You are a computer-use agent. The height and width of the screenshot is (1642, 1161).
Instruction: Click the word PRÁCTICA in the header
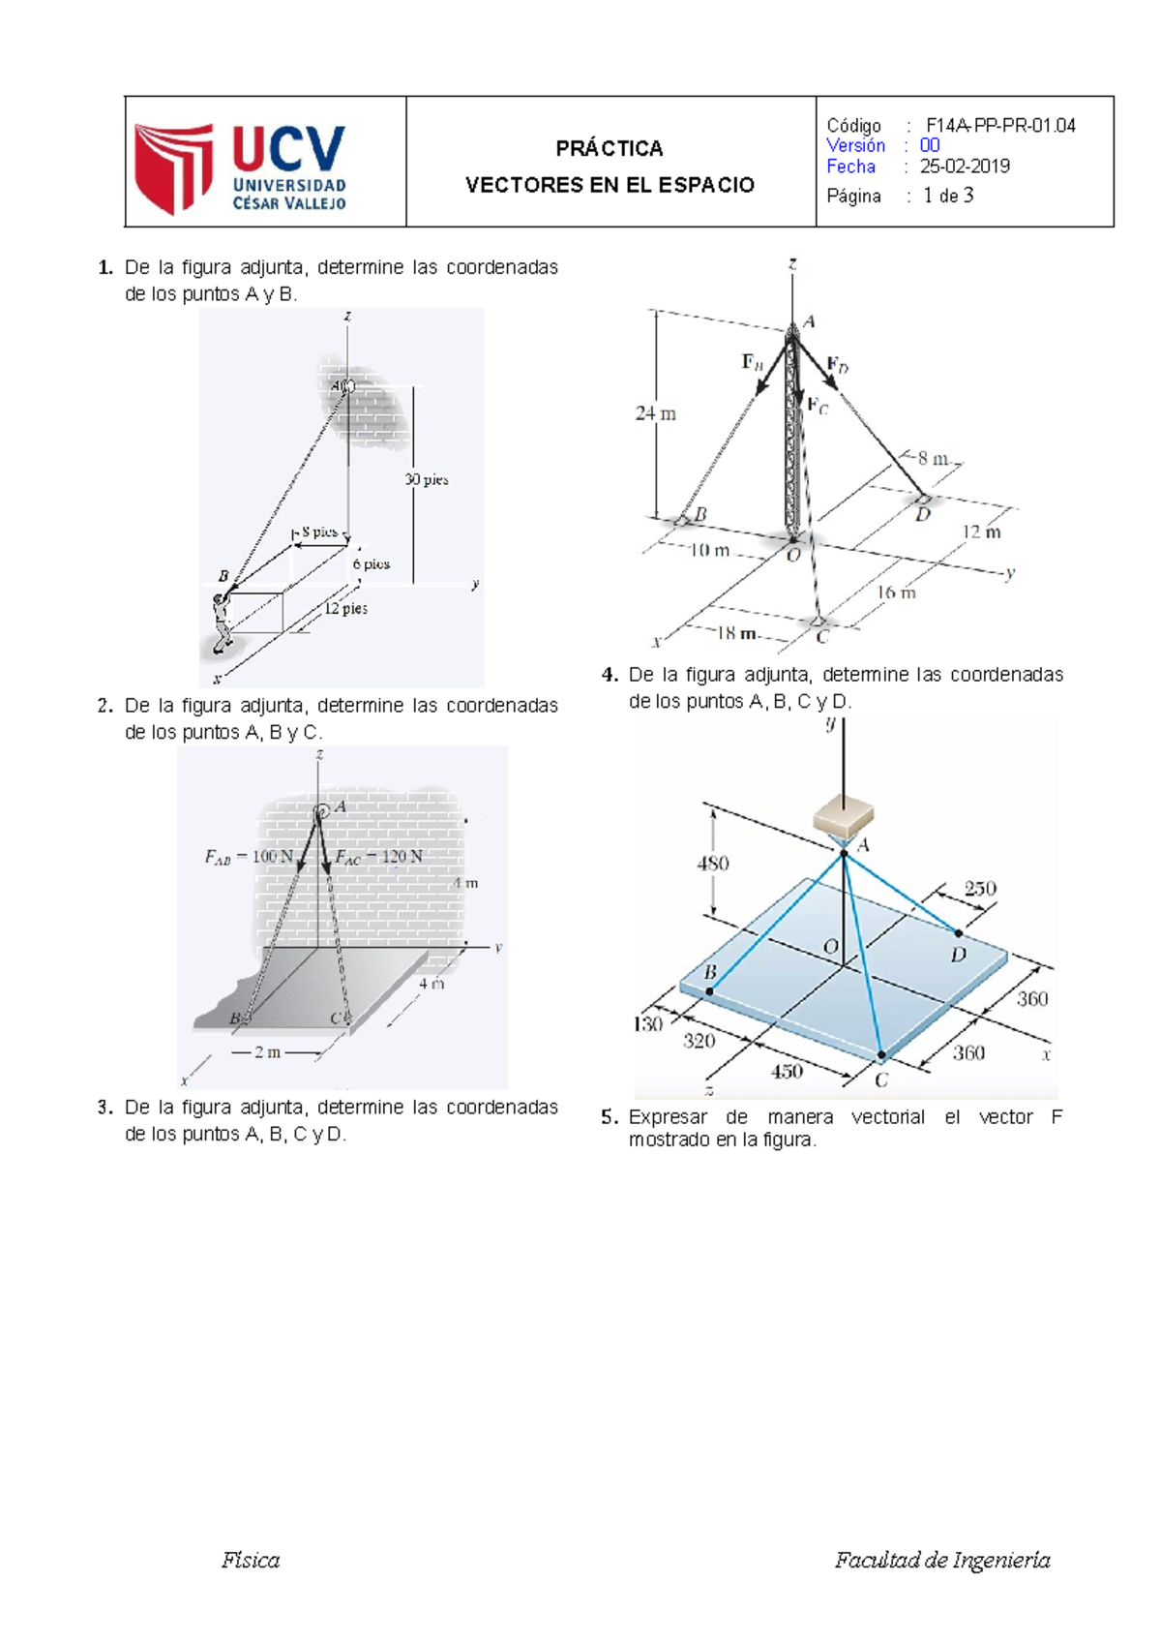click(x=609, y=148)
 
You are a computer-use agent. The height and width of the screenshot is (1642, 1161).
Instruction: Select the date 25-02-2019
click(x=965, y=167)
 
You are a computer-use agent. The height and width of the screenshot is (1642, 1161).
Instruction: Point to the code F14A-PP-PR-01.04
click(x=1000, y=125)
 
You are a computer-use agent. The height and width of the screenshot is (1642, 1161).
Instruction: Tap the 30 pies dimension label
click(x=427, y=479)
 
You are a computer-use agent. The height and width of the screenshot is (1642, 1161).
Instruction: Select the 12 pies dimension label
click(x=345, y=609)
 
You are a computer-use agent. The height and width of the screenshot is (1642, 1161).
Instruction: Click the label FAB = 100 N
click(x=249, y=857)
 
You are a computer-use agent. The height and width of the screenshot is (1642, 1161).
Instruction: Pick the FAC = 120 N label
click(x=378, y=857)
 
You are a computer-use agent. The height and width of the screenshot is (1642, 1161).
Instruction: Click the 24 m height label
click(x=655, y=414)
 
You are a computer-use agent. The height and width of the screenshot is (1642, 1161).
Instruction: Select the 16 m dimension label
click(x=896, y=593)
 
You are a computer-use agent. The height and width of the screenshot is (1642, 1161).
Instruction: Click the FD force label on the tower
click(x=838, y=367)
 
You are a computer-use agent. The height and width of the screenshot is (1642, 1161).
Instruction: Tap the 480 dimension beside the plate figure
click(x=713, y=864)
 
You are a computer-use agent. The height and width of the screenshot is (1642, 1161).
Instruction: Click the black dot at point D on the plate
click(x=959, y=933)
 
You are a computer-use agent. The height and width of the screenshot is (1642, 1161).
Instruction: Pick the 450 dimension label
click(x=786, y=1071)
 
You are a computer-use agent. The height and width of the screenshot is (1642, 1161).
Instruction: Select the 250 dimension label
click(x=980, y=888)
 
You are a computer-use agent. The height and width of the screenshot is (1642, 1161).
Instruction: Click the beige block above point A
click(x=845, y=816)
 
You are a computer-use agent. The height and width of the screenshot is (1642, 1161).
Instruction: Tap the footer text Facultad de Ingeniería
click(x=942, y=1560)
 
